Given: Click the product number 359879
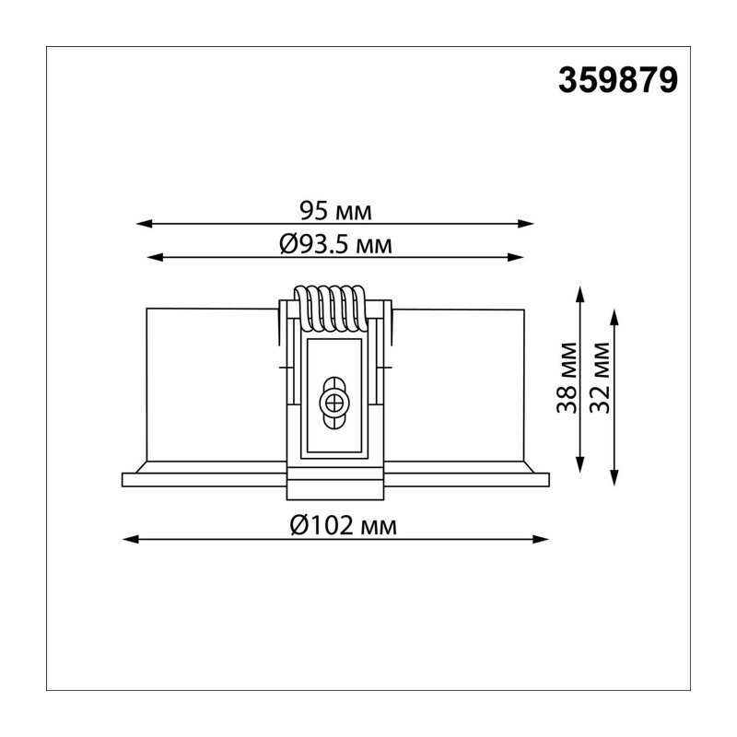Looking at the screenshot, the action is [618, 80].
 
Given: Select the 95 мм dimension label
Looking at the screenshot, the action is [335, 211].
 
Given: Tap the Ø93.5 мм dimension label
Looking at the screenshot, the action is [335, 244].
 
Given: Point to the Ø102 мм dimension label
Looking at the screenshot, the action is [344, 525].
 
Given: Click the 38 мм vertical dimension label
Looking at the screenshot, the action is [567, 378].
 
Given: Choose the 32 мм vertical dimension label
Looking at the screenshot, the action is [600, 378].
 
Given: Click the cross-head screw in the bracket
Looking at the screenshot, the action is [334, 404].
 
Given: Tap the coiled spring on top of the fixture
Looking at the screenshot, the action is [330, 308].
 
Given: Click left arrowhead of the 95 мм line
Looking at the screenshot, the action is [145, 224].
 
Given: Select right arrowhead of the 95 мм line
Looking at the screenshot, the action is [525, 224].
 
